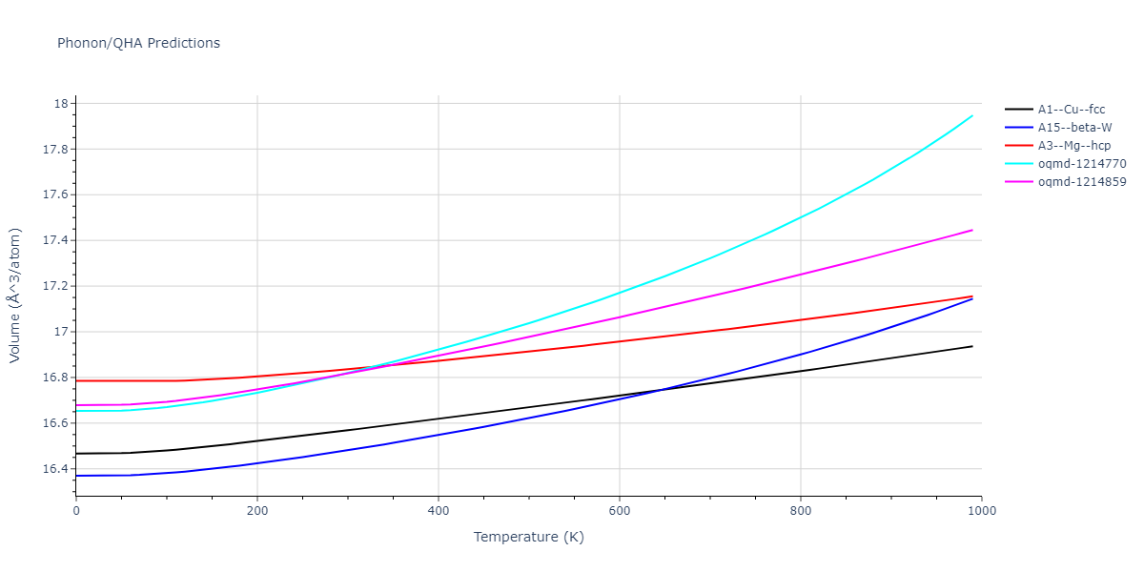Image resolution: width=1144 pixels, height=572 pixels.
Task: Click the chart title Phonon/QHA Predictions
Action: [138, 43]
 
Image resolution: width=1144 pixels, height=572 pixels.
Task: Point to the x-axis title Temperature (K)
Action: [528, 538]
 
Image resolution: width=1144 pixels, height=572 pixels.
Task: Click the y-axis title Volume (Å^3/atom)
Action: [15, 296]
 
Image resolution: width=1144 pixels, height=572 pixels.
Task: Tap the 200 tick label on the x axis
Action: [257, 512]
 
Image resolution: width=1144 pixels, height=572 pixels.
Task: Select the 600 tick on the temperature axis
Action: [620, 512]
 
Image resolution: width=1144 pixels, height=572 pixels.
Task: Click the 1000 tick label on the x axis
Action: [981, 512]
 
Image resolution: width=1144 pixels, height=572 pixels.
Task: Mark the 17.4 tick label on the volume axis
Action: [55, 240]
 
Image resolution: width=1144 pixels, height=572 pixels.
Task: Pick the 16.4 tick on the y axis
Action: [55, 469]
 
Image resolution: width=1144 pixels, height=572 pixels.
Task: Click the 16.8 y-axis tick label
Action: [55, 378]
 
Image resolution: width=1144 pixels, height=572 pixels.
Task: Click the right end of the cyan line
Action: [972, 115]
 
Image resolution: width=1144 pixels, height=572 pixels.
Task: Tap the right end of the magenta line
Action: [972, 230]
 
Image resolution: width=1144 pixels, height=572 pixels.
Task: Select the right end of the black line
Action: [972, 346]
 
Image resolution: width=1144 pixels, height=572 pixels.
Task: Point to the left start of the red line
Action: [76, 381]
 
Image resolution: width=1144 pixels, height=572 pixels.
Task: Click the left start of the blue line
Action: [76, 476]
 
